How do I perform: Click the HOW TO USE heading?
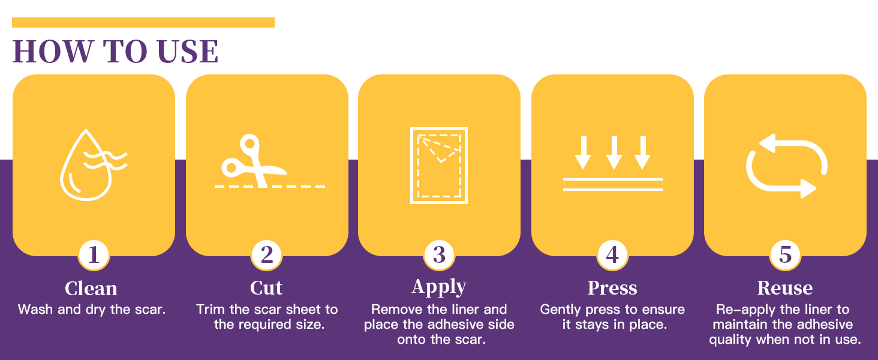(x=115, y=52)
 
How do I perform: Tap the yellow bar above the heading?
(x=143, y=22)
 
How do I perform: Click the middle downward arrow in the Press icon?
(x=614, y=153)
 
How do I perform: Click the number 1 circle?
(x=94, y=255)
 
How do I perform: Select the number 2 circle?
(x=266, y=255)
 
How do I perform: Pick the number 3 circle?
(x=439, y=255)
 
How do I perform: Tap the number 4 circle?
(x=612, y=255)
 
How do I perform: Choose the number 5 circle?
(x=785, y=255)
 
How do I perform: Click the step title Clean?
(x=91, y=289)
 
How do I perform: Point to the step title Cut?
(x=266, y=288)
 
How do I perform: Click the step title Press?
(x=612, y=288)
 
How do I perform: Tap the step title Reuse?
(x=785, y=288)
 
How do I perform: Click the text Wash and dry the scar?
(x=92, y=310)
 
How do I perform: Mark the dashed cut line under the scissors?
(x=270, y=186)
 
